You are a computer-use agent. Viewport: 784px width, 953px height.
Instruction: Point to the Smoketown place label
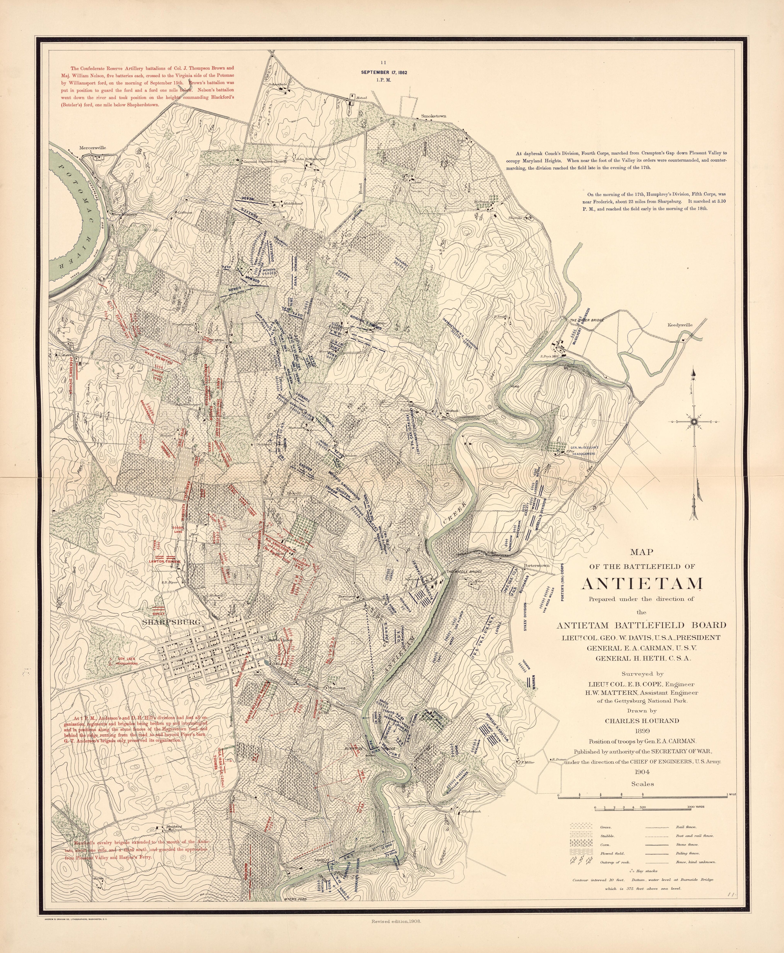pos(434,116)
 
